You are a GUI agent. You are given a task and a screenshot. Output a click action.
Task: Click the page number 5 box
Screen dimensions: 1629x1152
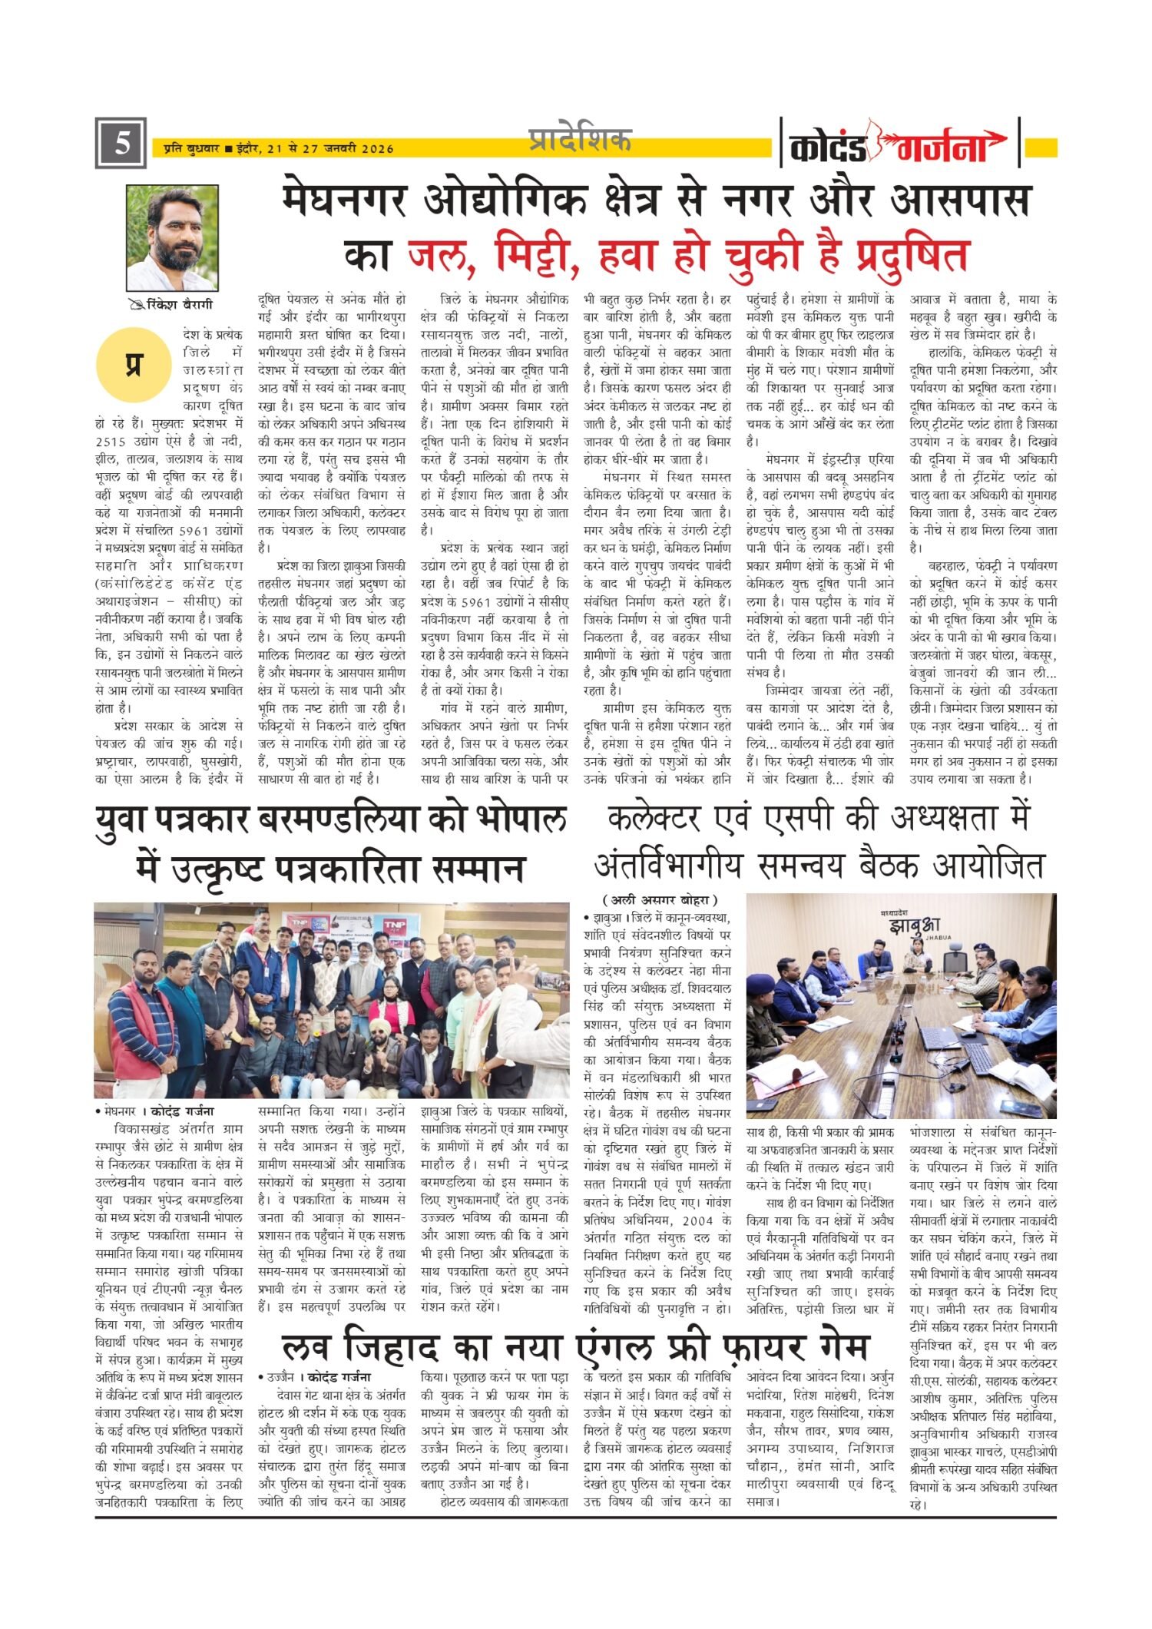tap(121, 144)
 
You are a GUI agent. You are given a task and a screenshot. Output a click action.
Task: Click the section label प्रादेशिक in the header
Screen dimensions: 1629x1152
tap(580, 139)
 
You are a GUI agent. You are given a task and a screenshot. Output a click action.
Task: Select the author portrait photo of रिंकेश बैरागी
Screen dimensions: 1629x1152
tap(172, 237)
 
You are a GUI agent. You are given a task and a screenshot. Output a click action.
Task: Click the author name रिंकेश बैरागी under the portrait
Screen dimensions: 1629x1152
tap(179, 305)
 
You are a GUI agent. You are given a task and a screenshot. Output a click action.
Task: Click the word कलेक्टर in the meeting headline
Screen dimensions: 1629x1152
tap(654, 819)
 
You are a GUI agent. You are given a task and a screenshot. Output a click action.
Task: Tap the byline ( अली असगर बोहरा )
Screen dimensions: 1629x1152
tap(660, 899)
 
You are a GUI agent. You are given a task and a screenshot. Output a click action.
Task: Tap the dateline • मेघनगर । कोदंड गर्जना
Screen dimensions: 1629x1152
tap(154, 1111)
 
